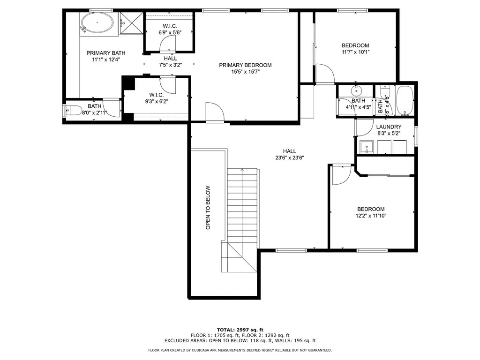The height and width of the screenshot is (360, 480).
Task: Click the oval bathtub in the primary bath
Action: coord(97,23)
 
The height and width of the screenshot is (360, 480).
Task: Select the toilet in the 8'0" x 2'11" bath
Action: coord(70,111)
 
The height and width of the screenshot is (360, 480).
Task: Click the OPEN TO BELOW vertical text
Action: coord(208,208)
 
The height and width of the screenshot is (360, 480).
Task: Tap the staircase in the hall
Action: coord(242,206)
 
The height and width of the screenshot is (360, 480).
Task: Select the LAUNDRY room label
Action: coord(389,127)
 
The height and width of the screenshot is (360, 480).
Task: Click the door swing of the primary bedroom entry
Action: coord(215,113)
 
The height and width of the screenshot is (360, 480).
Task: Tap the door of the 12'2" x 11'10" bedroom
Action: coord(341,175)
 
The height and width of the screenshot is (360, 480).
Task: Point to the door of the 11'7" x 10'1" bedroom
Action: coord(324,74)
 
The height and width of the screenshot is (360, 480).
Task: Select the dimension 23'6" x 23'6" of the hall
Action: coord(289,158)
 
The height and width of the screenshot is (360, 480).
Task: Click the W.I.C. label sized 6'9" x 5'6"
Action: coord(169,26)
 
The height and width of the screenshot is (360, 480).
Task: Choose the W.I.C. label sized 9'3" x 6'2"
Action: coord(156,94)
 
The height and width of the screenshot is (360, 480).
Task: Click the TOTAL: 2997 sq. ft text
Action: coord(240,330)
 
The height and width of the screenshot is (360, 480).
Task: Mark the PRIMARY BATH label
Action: coord(106,53)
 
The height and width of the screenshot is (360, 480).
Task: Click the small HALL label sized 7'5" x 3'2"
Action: coord(170,58)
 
